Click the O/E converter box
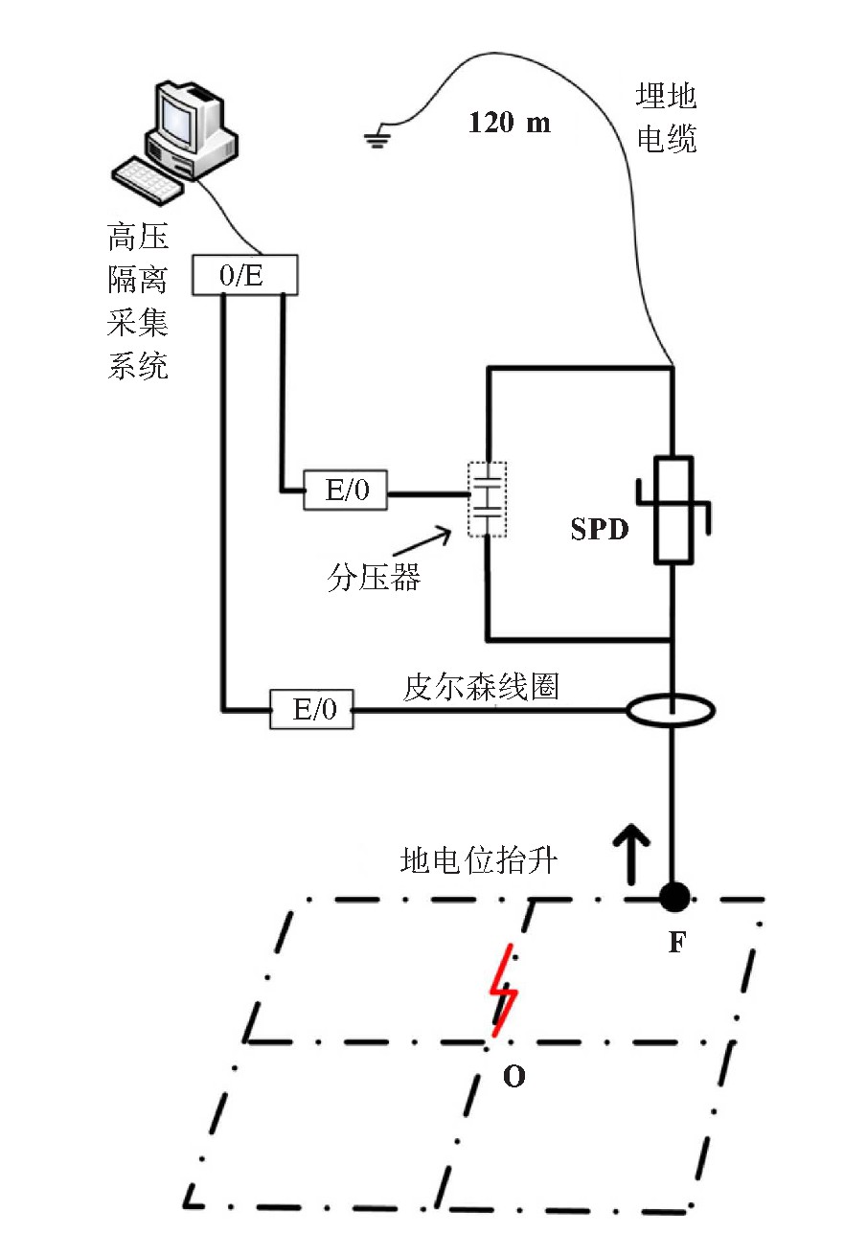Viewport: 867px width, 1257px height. pos(244,275)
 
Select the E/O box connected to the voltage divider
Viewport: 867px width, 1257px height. pos(345,490)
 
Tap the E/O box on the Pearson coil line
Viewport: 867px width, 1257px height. pos(312,709)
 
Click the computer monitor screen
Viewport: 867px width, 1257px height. pos(178,117)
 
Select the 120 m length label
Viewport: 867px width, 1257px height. pos(509,122)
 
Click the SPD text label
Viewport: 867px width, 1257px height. pos(600,529)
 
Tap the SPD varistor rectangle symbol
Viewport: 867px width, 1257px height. pos(673,510)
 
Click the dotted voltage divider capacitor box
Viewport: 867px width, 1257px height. pos(488,499)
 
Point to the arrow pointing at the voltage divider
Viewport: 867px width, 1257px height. pos(422,541)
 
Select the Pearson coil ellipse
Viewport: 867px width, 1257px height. pos(670,711)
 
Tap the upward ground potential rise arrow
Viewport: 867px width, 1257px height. pos(631,854)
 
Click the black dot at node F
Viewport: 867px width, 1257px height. pos(673,896)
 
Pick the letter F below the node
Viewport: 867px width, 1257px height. pos(677,942)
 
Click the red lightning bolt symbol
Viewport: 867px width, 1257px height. pos(503,991)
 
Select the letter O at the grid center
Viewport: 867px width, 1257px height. pos(513,1076)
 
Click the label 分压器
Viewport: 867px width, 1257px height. pos(374,577)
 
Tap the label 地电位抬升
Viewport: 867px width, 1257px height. pos(479,860)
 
